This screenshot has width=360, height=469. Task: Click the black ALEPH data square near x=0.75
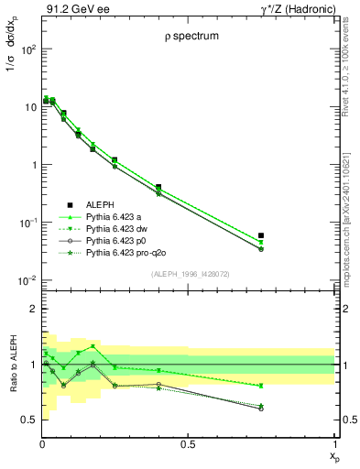pos(261,235)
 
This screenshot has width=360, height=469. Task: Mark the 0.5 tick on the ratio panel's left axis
pos(27,419)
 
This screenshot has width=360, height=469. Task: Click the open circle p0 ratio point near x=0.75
pos(261,409)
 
